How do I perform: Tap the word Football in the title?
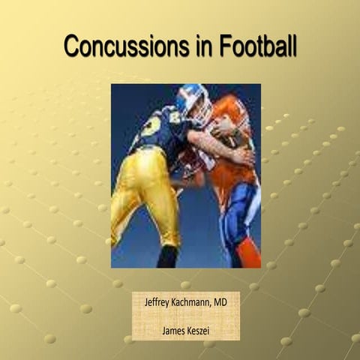pos(258,46)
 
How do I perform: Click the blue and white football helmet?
pos(193,103)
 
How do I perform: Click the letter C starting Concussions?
pos(72,46)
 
